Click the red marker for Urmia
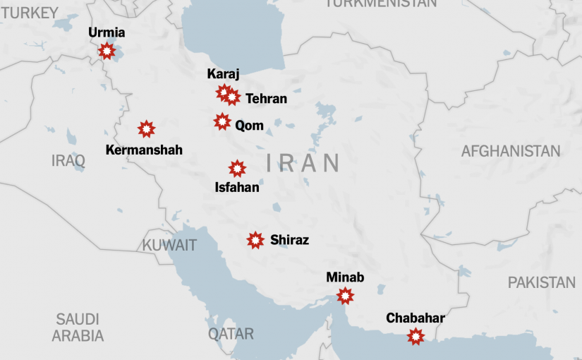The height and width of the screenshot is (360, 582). (107, 51)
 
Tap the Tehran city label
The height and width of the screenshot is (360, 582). (266, 99)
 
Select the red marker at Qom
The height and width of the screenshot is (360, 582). (222, 121)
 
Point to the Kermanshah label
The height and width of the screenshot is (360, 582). (144, 150)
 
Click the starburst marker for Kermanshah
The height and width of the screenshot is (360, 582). (146, 128)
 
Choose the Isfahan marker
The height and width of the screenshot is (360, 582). (238, 169)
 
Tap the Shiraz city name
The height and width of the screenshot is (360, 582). (289, 240)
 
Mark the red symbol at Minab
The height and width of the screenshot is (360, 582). (345, 296)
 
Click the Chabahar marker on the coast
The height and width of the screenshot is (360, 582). (416, 337)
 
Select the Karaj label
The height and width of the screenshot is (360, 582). (224, 74)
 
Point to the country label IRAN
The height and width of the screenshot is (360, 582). (303, 163)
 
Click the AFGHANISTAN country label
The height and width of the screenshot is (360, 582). (511, 151)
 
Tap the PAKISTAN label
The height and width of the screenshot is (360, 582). (542, 282)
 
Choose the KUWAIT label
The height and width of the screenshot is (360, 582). (169, 246)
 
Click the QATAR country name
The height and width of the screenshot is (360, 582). (231, 334)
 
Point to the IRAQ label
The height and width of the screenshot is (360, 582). (68, 160)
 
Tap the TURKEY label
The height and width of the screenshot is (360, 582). (29, 13)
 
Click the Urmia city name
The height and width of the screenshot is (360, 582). (107, 32)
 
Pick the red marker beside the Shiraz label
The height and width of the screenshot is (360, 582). (255, 240)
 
